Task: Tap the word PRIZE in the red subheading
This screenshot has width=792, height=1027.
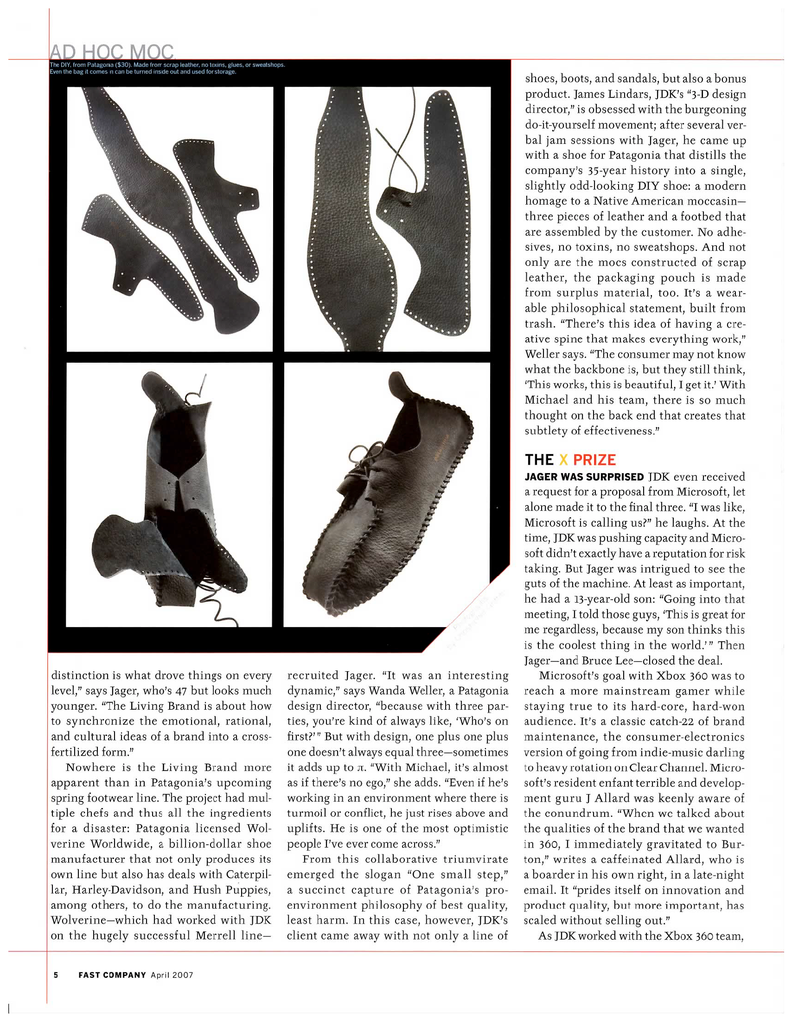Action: pos(594,459)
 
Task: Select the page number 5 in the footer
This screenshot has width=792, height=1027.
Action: pos(56,975)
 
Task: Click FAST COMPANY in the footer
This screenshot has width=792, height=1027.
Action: pos(112,975)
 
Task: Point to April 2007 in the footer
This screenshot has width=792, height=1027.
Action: pos(172,975)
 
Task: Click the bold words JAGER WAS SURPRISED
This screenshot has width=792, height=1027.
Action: pos(584,477)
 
